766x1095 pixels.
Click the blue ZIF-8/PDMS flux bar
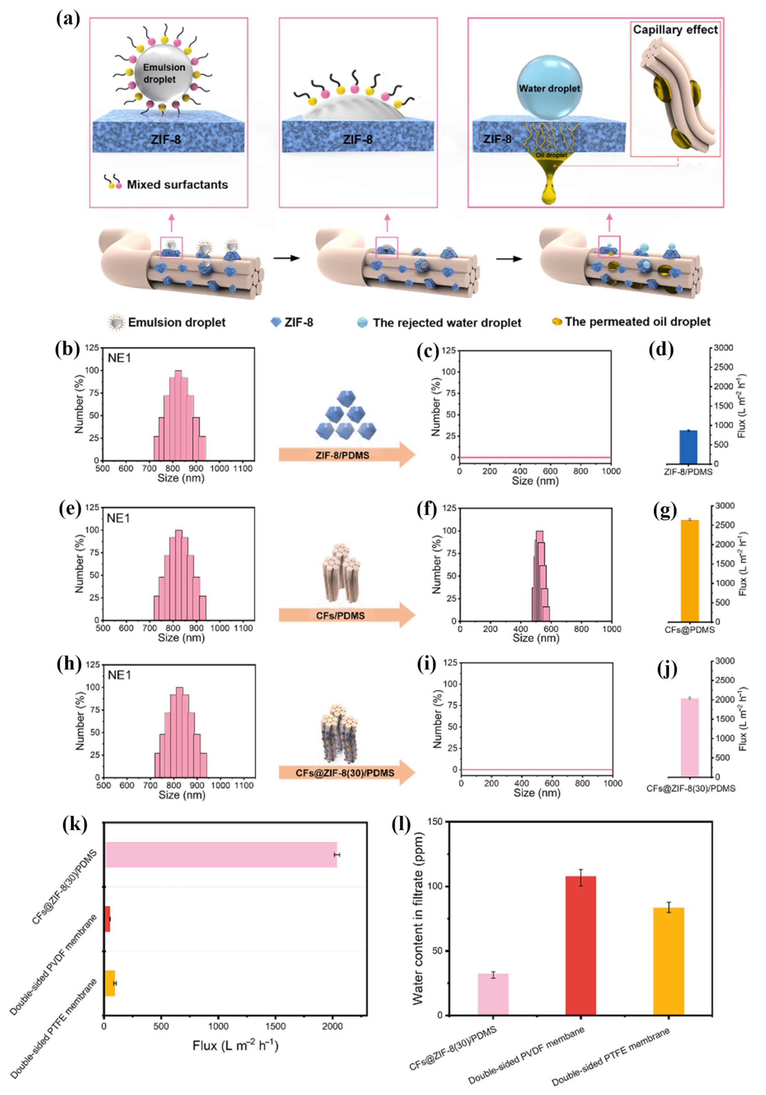coord(688,447)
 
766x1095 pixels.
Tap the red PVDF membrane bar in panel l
coord(581,947)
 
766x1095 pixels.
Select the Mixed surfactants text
coord(177,185)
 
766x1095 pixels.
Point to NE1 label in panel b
coord(119,358)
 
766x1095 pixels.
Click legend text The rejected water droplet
coord(447,323)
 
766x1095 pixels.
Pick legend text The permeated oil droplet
coord(637,322)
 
